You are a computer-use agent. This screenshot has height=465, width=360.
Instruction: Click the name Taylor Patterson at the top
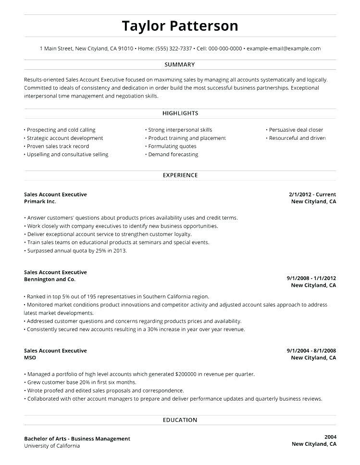click(180, 25)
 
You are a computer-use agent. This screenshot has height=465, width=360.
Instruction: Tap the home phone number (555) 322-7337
click(174, 49)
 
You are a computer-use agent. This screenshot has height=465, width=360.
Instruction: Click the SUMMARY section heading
click(180, 64)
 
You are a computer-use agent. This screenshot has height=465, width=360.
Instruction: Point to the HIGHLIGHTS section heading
click(180, 113)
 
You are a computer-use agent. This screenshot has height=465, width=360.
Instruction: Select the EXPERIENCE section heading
click(180, 175)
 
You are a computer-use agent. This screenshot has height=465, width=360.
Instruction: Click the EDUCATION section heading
click(180, 420)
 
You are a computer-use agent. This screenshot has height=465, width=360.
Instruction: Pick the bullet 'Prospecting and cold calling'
click(61, 130)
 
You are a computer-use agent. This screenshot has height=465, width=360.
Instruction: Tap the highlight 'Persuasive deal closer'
click(296, 130)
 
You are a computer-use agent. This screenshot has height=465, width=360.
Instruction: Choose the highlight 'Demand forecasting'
click(173, 155)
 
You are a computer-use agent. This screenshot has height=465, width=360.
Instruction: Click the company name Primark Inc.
click(40, 202)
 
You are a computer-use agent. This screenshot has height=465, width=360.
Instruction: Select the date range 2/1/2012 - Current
click(312, 195)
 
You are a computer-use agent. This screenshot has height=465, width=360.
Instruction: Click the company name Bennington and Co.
click(50, 280)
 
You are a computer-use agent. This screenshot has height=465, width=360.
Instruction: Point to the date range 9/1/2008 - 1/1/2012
click(311, 278)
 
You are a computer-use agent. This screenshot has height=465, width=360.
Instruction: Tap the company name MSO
click(30, 358)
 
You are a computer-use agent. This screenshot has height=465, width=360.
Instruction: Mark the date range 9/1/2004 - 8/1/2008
click(311, 351)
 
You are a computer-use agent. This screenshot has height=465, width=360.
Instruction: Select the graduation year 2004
click(330, 437)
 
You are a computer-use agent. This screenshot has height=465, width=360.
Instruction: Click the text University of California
click(52, 446)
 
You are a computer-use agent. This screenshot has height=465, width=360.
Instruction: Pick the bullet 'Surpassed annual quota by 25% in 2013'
click(77, 251)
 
